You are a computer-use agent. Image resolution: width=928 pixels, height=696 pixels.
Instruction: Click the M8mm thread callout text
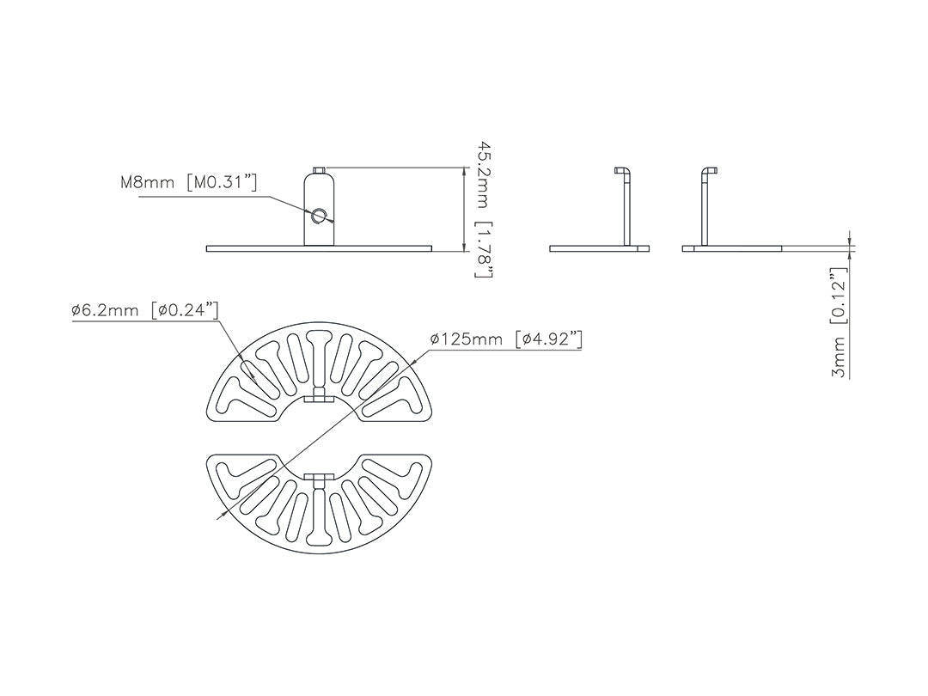(x=148, y=181)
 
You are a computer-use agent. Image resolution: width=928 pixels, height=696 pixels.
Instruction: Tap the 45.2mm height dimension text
(x=484, y=174)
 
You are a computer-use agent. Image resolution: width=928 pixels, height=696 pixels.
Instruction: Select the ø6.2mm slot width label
(x=106, y=309)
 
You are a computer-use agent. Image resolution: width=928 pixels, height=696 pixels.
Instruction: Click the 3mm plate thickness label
(x=839, y=357)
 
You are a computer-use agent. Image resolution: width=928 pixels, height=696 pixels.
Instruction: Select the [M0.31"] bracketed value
(x=222, y=181)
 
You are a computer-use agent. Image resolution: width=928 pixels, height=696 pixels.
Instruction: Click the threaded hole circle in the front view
(x=320, y=217)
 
